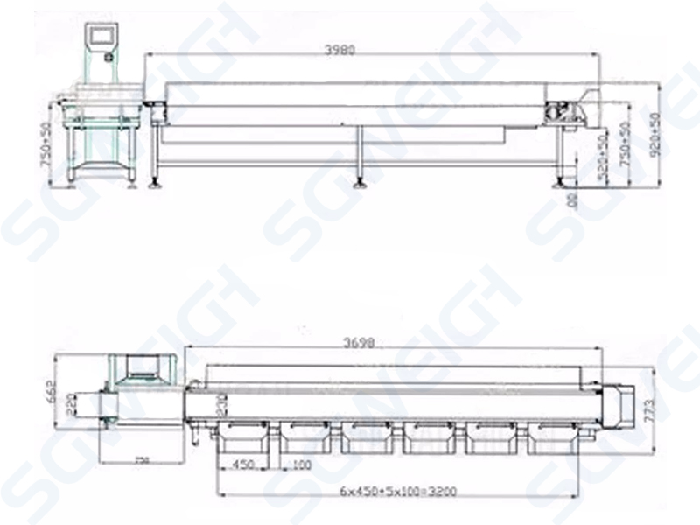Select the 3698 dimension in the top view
point(360,344)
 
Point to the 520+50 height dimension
point(601,157)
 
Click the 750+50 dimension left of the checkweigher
point(47,142)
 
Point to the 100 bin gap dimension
point(301,464)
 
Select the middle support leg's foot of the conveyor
point(359,184)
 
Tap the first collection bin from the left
point(242,437)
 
